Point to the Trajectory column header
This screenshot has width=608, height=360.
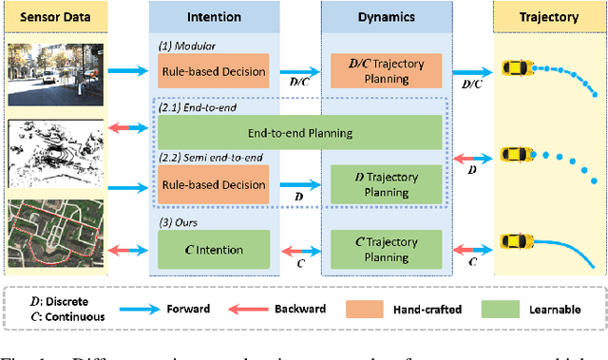tap(550, 16)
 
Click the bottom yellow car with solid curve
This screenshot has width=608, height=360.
tap(519, 240)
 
